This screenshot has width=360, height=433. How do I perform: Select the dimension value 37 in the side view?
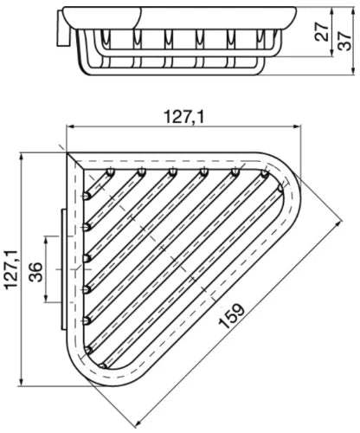click(x=344, y=41)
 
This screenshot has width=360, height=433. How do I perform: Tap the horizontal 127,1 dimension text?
click(x=184, y=117)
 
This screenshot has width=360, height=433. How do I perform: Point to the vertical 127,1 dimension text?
click(x=11, y=269)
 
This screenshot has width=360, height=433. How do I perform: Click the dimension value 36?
click(x=36, y=272)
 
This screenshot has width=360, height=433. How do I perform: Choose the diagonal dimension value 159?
click(x=231, y=316)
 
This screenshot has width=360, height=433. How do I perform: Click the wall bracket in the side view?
click(x=64, y=29)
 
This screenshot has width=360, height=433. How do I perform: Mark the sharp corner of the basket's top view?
click(x=67, y=152)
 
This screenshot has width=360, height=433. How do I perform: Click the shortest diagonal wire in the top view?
click(x=98, y=184)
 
